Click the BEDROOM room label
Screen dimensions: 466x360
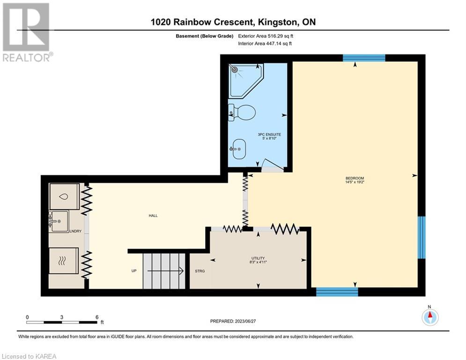(x=355, y=178)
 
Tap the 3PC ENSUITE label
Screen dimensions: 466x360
(x=269, y=135)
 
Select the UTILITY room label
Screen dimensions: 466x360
(x=258, y=258)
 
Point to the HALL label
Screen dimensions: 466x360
(x=153, y=216)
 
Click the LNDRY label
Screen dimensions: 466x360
(x=75, y=231)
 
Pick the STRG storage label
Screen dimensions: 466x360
(x=200, y=271)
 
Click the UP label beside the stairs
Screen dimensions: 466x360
(x=134, y=271)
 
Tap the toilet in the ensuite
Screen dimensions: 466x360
(x=242, y=113)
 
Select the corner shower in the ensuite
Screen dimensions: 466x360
(x=246, y=80)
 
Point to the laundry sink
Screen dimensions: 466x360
(x=59, y=221)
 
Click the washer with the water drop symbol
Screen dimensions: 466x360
(x=65, y=196)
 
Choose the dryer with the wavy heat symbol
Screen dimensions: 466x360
(x=64, y=261)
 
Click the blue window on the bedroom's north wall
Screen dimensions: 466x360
(x=364, y=58)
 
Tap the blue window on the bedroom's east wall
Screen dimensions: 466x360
(x=422, y=237)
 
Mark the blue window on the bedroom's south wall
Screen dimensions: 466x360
(x=337, y=292)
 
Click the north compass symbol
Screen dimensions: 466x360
(x=430, y=317)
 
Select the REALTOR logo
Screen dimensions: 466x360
(x=26, y=32)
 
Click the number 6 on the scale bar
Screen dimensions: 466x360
(x=97, y=317)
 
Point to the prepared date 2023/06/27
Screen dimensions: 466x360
(x=245, y=321)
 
